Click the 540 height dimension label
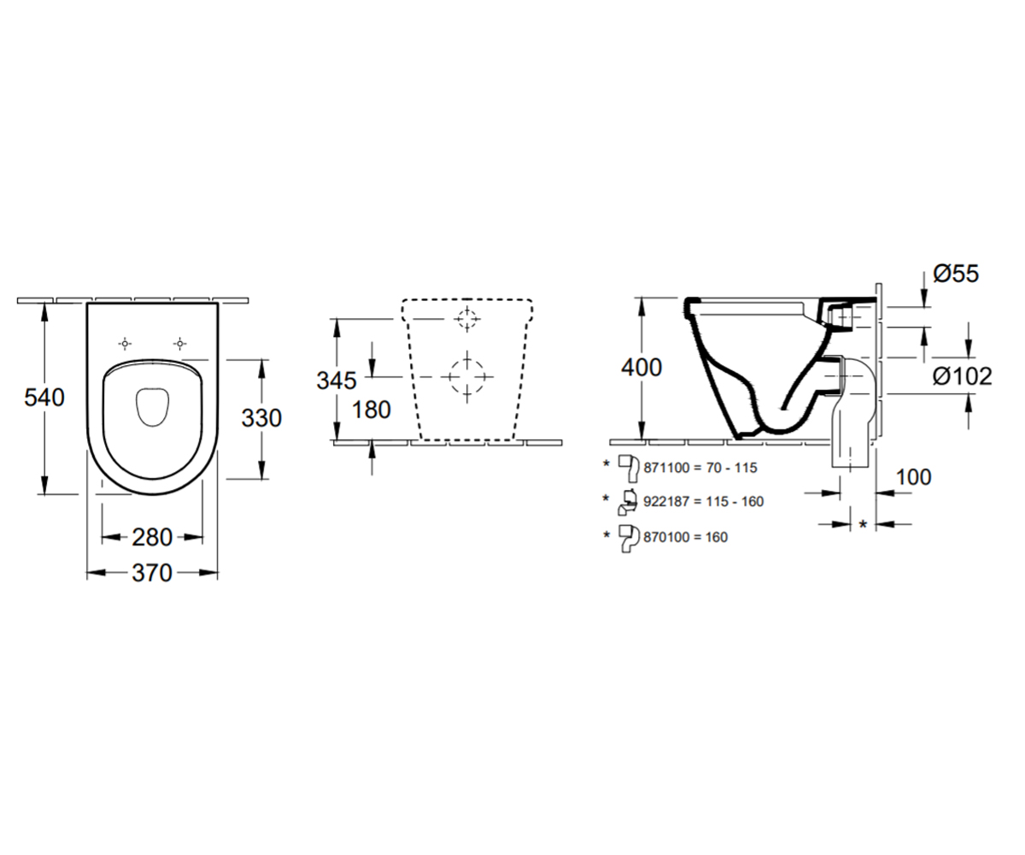tap(44, 398)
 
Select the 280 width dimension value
tap(152, 537)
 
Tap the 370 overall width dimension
tap(152, 573)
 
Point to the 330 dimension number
tap(261, 418)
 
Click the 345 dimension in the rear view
tap(337, 380)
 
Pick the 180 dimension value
tap(371, 410)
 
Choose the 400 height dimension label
tap(641, 368)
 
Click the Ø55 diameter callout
tap(956, 274)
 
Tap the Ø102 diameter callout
tap(962, 376)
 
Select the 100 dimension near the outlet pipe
tap(914, 477)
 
